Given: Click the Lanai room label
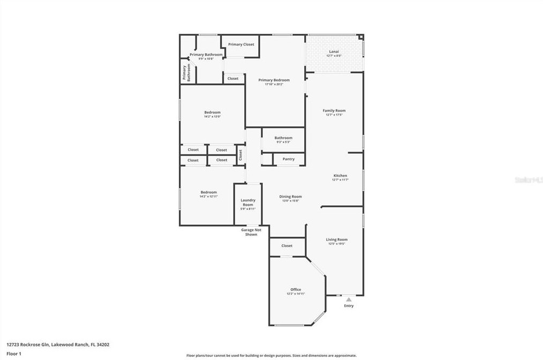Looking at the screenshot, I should [x=334, y=51].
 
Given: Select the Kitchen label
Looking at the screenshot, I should [x=340, y=176].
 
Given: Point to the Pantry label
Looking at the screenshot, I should [x=288, y=159].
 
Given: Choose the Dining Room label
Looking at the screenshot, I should [x=290, y=197].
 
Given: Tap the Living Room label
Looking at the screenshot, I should [x=337, y=239].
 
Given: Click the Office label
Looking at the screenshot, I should [x=296, y=290].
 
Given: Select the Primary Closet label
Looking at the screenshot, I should [x=241, y=44].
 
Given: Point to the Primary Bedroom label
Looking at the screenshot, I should [x=274, y=80].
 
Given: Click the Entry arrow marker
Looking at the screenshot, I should [x=349, y=299].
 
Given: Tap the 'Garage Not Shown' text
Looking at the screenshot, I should [x=251, y=232].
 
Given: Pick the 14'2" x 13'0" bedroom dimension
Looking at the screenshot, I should [x=212, y=116].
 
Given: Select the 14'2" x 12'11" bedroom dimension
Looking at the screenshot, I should [x=209, y=197].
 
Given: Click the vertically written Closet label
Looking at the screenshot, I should [x=240, y=155].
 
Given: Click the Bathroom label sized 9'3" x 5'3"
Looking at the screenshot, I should [x=283, y=138].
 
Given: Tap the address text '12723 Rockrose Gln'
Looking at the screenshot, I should [x=27, y=345].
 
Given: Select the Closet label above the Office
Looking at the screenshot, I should [x=287, y=246].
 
